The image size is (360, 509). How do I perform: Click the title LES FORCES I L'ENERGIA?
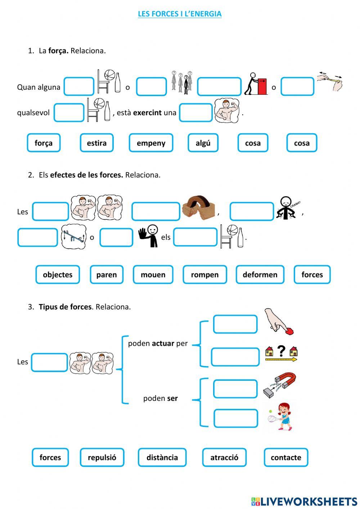point(180,14)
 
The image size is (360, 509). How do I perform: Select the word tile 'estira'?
point(96,143)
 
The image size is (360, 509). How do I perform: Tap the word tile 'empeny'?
point(151,143)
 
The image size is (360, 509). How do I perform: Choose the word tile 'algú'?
point(203,143)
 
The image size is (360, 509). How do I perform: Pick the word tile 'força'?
point(44,143)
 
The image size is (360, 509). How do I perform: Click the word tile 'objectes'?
point(58,274)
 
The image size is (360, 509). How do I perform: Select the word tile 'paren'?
point(107,274)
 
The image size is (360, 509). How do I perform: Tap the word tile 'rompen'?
point(204,274)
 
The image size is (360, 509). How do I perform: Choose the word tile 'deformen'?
point(260,274)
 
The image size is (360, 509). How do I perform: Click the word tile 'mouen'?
point(153,274)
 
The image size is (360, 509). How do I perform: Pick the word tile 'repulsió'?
point(102,457)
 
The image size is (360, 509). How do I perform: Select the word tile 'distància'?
point(162,457)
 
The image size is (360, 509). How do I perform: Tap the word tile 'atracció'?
point(224,457)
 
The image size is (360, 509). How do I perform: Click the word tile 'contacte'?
point(286,457)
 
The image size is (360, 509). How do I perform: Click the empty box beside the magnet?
point(235,389)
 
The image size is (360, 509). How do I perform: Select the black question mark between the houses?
point(281,351)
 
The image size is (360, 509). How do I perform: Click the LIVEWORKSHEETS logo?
point(304,501)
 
